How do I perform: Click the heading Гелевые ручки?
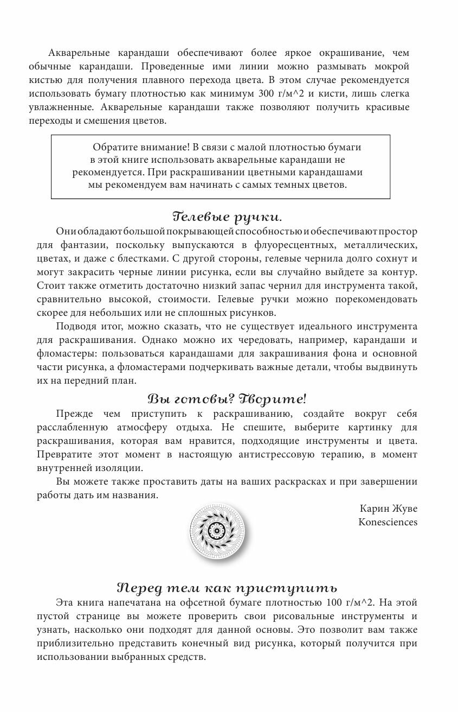click(x=227, y=217)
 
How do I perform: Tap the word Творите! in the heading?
click(x=276, y=398)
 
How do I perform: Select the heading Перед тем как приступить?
click(x=227, y=588)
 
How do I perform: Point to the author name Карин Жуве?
click(x=389, y=508)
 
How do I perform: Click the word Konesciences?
click(x=388, y=522)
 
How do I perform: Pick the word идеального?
click(x=299, y=327)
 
